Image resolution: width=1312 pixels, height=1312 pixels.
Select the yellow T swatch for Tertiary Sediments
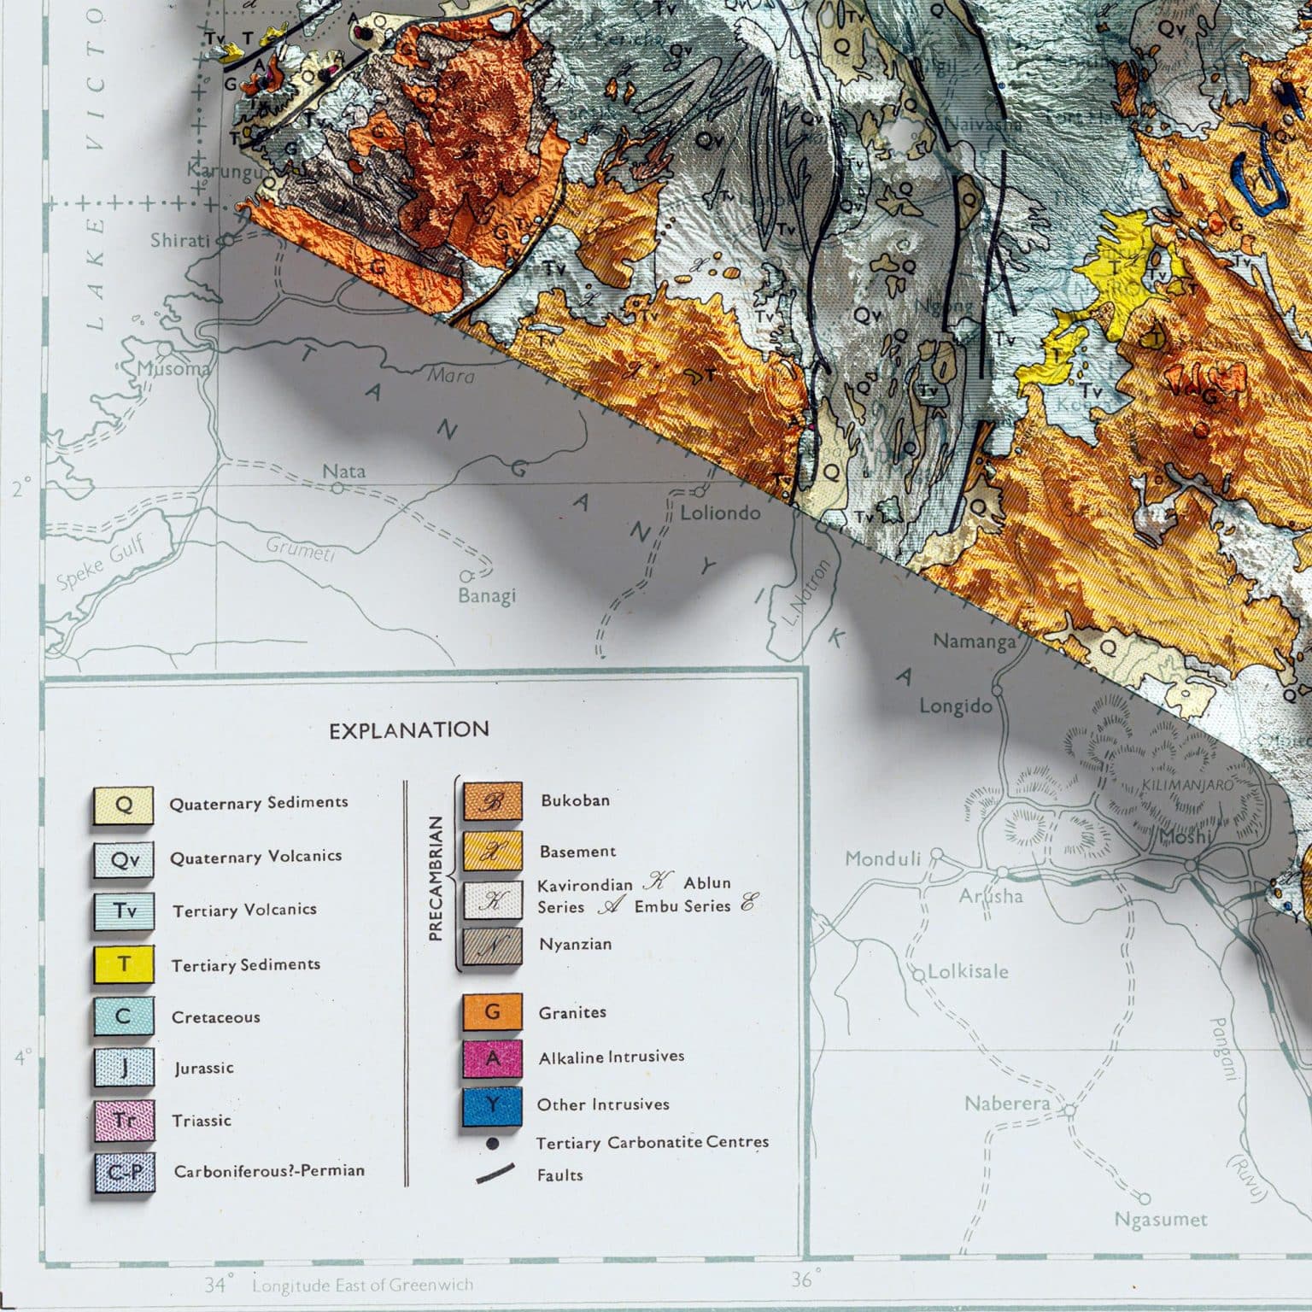click(124, 964)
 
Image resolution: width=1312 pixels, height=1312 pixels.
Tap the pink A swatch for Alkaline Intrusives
click(492, 1058)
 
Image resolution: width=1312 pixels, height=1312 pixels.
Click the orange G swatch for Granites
click(492, 1012)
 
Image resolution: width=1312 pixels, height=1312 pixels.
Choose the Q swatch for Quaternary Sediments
click(124, 805)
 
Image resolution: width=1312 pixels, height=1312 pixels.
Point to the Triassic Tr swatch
click(124, 1121)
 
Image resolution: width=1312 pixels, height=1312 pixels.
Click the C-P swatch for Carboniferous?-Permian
click(124, 1172)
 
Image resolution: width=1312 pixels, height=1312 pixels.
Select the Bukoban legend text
click(575, 800)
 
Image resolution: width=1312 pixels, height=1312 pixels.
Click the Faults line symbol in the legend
click(495, 1174)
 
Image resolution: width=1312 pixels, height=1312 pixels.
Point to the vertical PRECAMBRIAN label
click(436, 877)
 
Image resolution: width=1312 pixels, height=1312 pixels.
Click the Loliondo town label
click(720, 512)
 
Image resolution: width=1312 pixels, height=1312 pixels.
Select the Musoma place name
click(174, 369)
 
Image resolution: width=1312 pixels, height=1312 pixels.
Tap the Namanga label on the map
click(974, 641)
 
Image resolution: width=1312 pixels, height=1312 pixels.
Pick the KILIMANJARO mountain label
click(1187, 785)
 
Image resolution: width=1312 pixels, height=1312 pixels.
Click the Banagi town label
click(487, 595)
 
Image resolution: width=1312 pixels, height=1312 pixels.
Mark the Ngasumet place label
click(1161, 1219)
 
